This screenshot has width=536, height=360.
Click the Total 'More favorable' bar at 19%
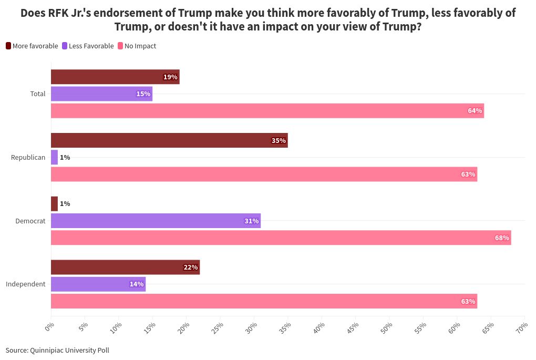(x=115, y=77)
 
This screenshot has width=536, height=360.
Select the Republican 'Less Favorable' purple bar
(x=54, y=157)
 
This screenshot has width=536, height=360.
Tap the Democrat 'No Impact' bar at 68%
(x=281, y=238)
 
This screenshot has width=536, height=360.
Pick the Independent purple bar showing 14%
(x=98, y=284)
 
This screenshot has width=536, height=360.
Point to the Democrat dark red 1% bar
(x=54, y=203)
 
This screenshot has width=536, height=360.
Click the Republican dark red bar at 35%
(x=169, y=140)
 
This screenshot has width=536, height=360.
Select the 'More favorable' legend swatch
(x=8, y=46)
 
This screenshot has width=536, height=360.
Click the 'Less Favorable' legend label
(x=91, y=46)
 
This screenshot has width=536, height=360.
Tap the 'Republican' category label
(x=28, y=157)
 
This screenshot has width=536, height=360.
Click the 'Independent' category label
(x=26, y=284)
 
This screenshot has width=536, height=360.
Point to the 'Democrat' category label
(x=30, y=221)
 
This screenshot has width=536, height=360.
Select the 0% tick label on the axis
(x=50, y=327)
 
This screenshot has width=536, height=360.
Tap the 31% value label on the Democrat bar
(x=251, y=221)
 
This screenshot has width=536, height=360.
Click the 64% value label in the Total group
(x=475, y=111)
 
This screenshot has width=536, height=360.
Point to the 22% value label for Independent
(x=190, y=268)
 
